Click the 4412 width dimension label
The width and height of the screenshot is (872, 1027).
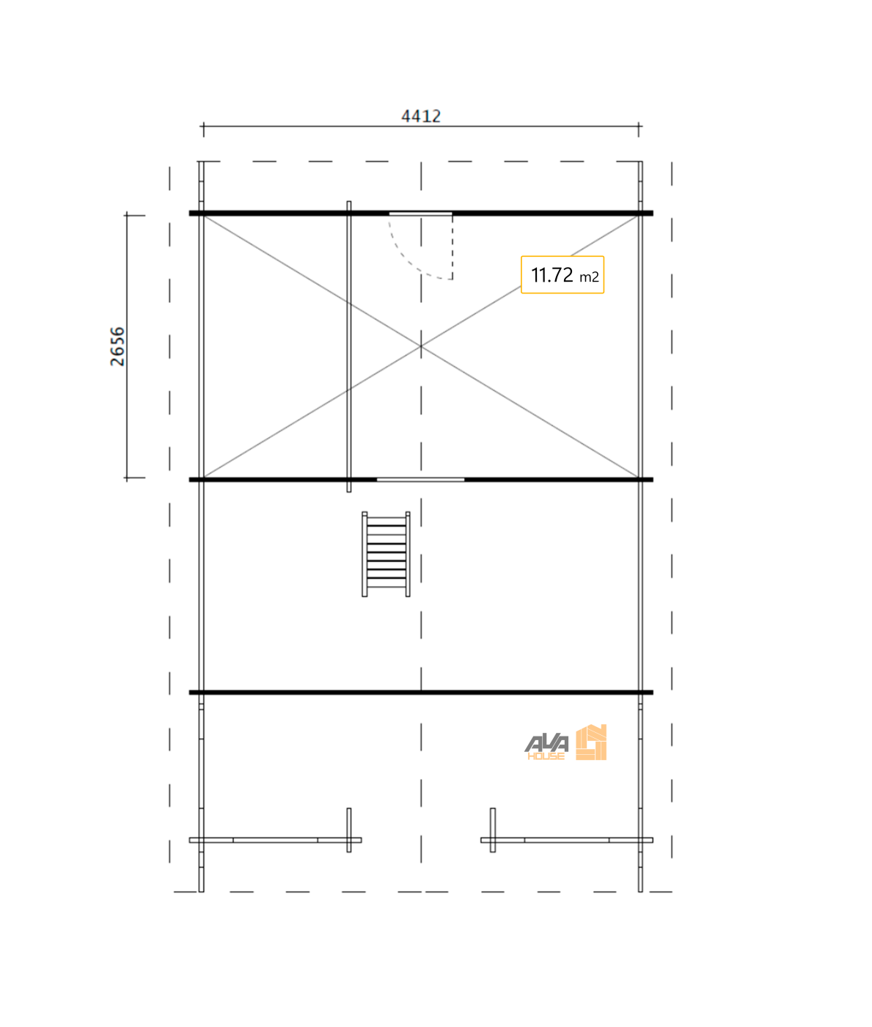(x=421, y=116)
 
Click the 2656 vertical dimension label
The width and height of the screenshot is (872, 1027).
(x=117, y=346)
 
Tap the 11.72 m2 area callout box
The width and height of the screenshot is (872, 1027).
(x=563, y=275)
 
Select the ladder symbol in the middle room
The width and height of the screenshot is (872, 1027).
(x=386, y=554)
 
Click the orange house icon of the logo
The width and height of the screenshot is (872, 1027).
(x=591, y=742)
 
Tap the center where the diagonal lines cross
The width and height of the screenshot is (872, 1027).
(x=421, y=346)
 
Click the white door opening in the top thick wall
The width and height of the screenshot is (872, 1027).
(x=420, y=213)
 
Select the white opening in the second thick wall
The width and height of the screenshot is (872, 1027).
(x=420, y=480)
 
